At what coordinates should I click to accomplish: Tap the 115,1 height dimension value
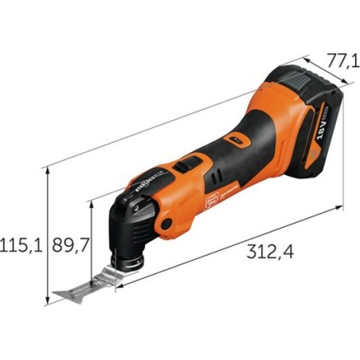click(x=22, y=244)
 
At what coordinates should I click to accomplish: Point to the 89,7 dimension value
click(x=69, y=244)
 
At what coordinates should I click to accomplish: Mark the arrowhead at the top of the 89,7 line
click(x=94, y=205)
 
